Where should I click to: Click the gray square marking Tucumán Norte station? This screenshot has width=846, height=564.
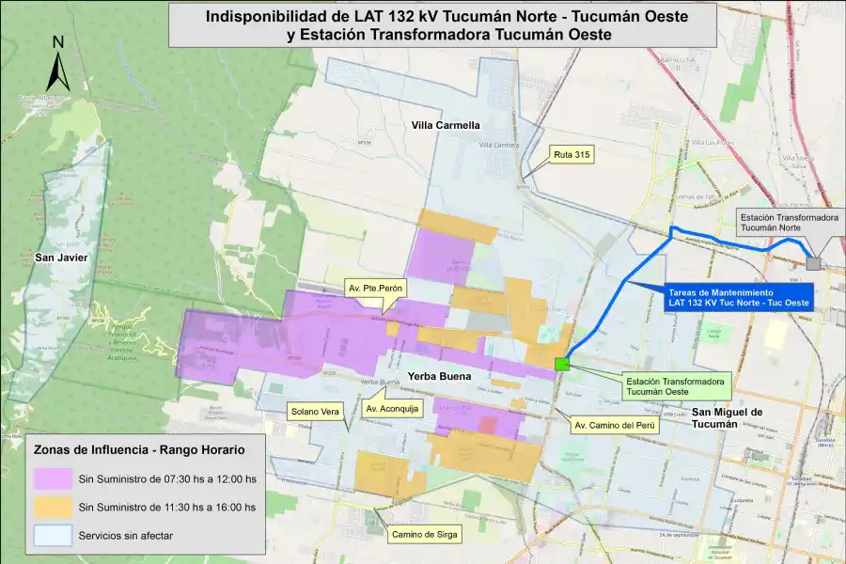813,264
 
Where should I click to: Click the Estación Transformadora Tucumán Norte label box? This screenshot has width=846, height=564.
789,223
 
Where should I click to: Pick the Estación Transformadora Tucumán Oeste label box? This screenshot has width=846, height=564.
675,387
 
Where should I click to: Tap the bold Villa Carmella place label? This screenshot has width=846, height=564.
446,125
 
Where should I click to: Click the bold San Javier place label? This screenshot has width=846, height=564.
61,257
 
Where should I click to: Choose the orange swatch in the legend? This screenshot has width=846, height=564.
53,508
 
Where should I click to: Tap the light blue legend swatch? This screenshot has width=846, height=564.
53,536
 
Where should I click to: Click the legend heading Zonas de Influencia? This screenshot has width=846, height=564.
139,449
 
